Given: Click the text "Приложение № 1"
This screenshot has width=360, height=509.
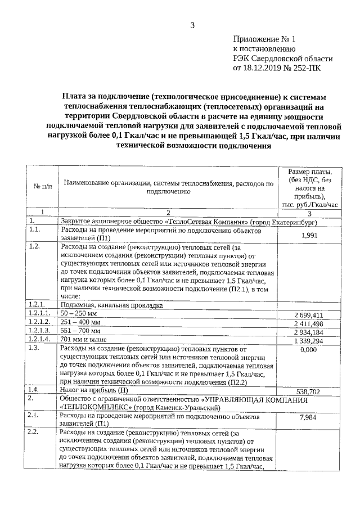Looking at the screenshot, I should click(263, 39).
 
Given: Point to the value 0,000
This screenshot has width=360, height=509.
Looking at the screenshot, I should click(309, 349).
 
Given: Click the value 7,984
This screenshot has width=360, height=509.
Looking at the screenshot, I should click(310, 433).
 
